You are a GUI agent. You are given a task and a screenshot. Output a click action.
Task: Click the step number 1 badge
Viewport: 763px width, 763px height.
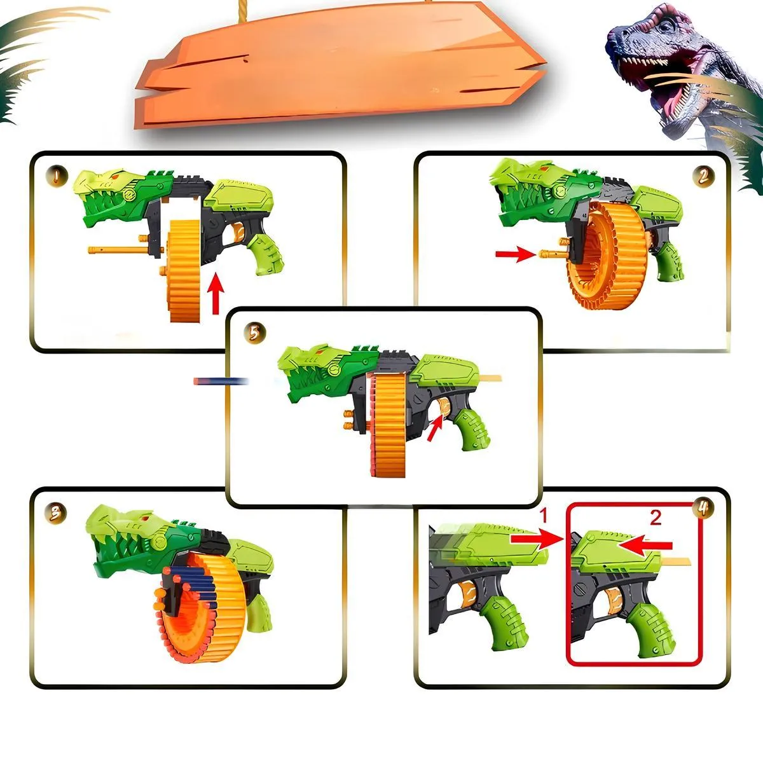tap(56, 175)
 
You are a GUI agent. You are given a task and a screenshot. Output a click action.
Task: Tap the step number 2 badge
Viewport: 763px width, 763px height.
tap(703, 177)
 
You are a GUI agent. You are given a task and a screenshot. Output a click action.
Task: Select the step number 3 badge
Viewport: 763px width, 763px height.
tap(55, 514)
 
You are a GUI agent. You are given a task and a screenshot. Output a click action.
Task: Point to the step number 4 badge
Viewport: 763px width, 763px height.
tap(703, 509)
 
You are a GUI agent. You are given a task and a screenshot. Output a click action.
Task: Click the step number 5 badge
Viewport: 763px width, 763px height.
tap(254, 333)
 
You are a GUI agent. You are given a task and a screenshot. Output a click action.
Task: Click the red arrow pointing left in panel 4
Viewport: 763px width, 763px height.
tap(645, 545)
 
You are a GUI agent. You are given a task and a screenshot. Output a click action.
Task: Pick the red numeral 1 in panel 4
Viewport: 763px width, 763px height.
tap(543, 516)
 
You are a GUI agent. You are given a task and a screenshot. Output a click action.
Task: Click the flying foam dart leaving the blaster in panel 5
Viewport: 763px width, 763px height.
tap(221, 381)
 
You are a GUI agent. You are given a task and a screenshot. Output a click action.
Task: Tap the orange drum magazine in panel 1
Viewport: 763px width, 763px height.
tap(184, 270)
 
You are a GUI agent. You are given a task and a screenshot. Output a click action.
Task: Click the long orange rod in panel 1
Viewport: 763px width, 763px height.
tap(125, 251)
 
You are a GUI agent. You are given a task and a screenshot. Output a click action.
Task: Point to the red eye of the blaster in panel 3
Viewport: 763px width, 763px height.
tap(146, 518)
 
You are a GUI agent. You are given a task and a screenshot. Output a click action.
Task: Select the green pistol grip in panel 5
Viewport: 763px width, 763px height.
tap(472, 429)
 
